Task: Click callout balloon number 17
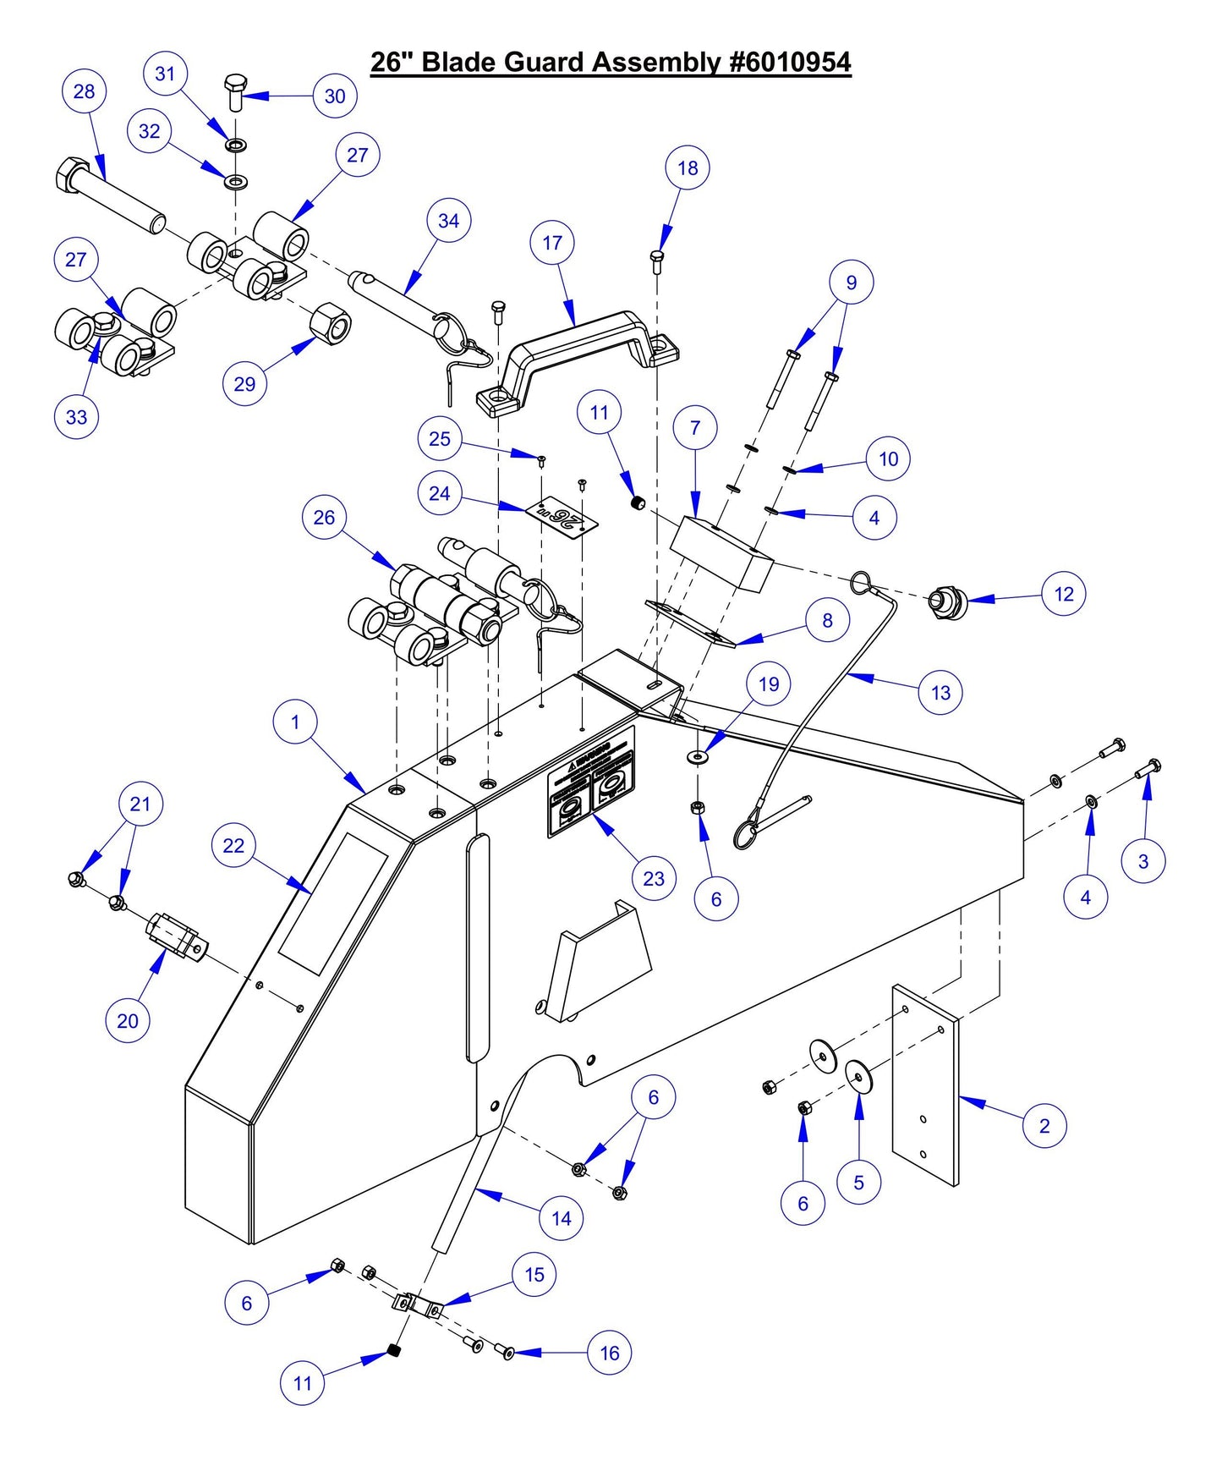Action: coord(552,243)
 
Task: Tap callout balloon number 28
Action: coord(85,91)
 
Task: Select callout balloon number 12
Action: coord(1064,594)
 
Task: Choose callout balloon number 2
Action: coord(1044,1126)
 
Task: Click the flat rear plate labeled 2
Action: coord(925,1087)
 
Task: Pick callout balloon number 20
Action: coord(128,1021)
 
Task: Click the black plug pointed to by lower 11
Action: coord(393,1350)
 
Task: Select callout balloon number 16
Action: coord(610,1353)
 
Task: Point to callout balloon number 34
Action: coord(448,221)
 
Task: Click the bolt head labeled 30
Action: coord(236,85)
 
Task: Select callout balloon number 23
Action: coord(654,878)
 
